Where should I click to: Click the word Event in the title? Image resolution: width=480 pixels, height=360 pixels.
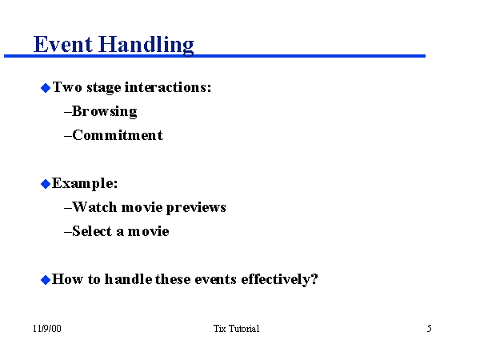(x=62, y=43)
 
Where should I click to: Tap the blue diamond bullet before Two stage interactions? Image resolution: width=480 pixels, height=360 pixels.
(x=46, y=87)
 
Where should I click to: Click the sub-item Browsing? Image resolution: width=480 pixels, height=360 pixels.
(x=104, y=111)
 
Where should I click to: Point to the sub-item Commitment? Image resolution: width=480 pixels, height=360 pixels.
(x=117, y=135)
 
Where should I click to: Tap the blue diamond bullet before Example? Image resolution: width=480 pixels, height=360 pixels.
(x=46, y=183)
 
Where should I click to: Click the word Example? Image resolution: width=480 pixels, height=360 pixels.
(x=85, y=183)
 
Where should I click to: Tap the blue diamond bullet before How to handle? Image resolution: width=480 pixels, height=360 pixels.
(x=46, y=279)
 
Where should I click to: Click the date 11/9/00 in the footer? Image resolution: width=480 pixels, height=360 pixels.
(x=47, y=329)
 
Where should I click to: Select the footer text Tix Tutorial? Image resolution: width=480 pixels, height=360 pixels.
(x=237, y=329)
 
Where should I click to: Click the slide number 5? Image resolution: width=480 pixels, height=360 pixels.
(x=430, y=329)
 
